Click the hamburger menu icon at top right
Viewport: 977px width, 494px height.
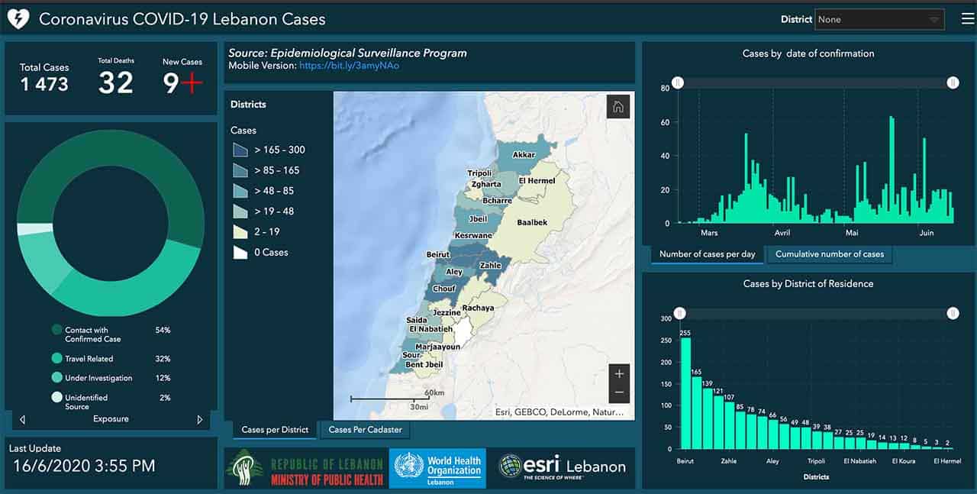[x=967, y=19]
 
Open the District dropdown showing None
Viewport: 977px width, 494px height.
[x=879, y=20]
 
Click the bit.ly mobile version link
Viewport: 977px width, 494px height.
[x=349, y=66]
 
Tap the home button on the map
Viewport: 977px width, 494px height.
[x=618, y=107]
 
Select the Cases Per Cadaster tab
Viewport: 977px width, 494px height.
[x=365, y=430]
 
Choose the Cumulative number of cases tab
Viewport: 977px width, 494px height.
[x=829, y=254]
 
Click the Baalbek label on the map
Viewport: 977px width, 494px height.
[x=532, y=223]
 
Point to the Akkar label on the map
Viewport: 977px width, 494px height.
[x=524, y=155]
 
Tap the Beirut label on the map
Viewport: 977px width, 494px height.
[x=438, y=254]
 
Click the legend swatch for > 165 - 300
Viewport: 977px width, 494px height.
[x=240, y=150]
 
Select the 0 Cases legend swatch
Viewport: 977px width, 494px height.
[x=240, y=252]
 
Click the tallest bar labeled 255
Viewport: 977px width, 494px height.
[x=685, y=392]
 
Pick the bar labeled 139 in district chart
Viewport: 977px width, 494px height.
[x=708, y=418]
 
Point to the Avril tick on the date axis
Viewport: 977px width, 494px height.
[x=782, y=233]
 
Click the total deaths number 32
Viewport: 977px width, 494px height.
[x=116, y=82]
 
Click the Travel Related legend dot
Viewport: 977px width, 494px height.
[x=56, y=358]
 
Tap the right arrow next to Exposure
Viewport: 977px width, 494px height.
[x=200, y=419]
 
